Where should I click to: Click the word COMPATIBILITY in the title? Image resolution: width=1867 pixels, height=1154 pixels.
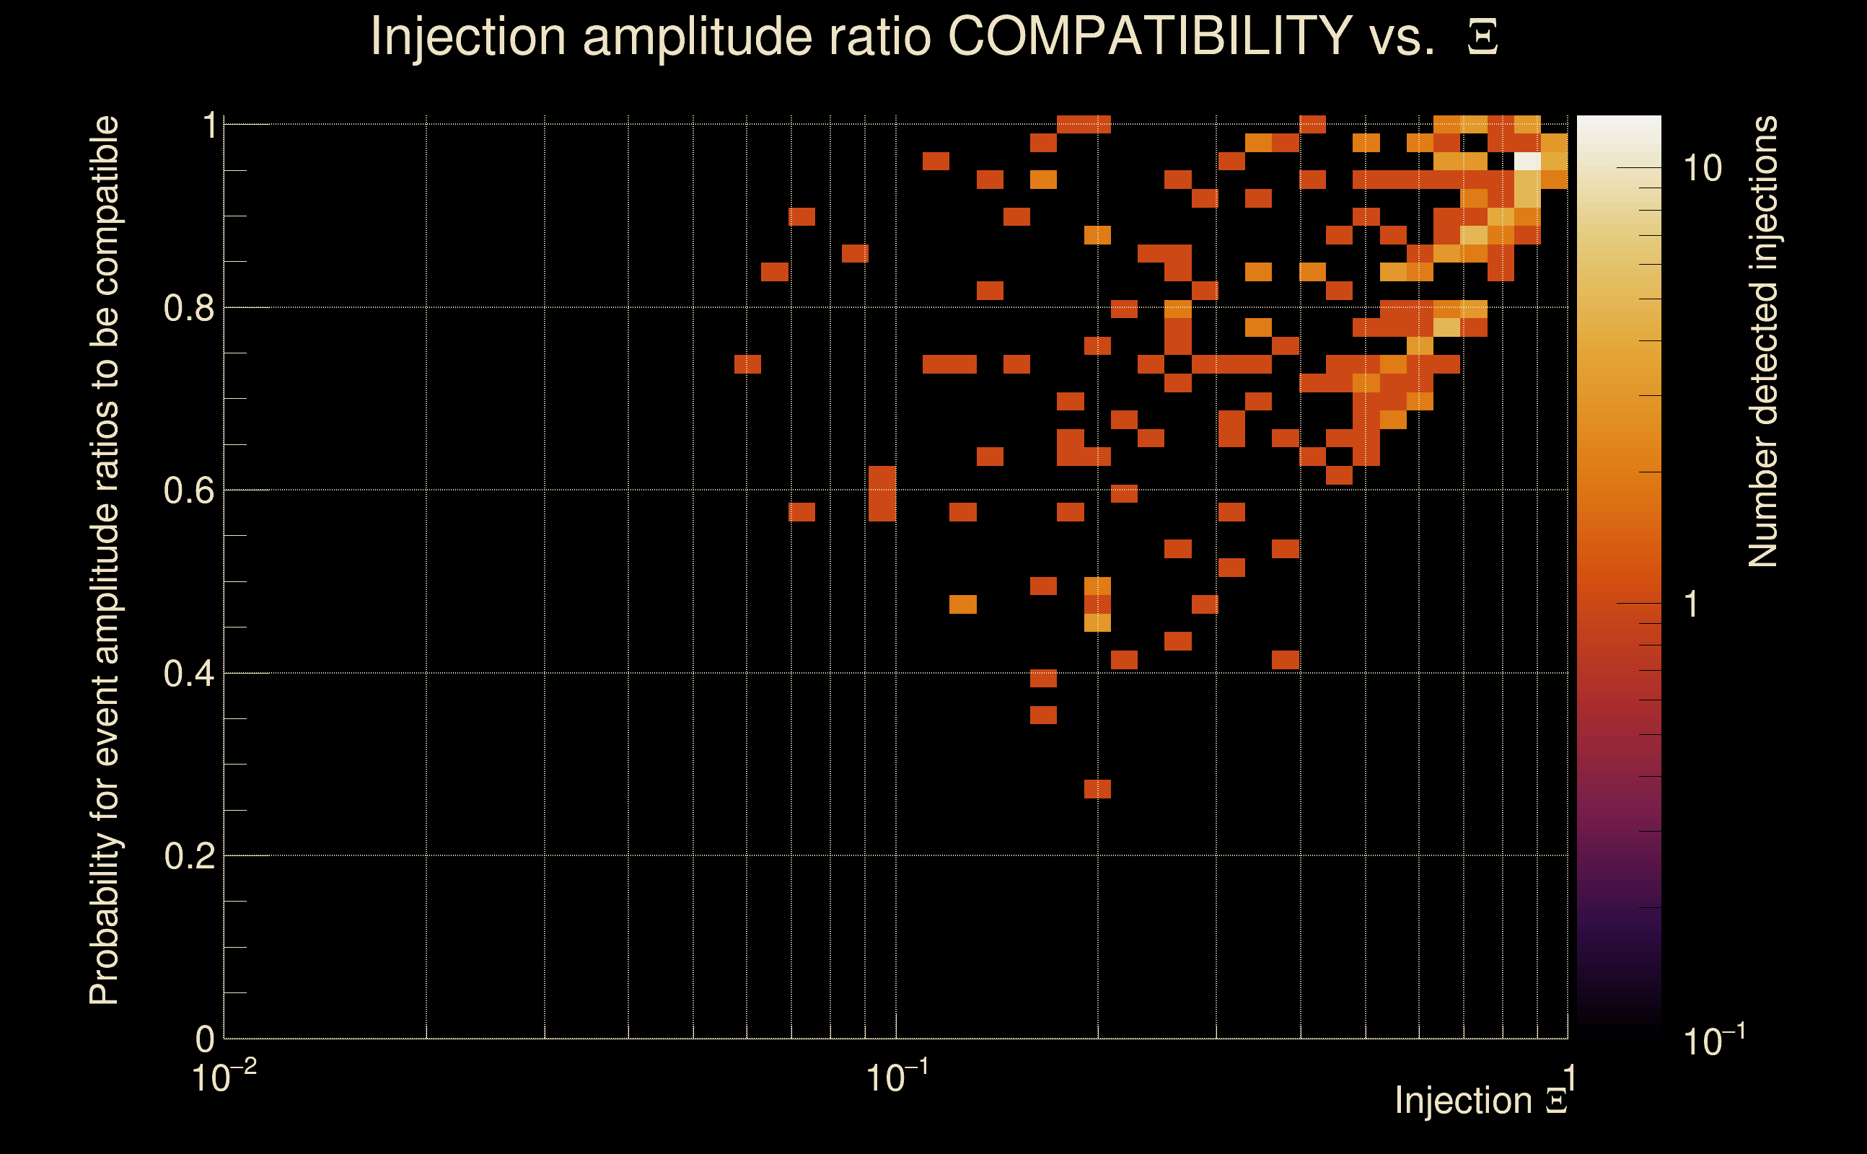[x=1149, y=36]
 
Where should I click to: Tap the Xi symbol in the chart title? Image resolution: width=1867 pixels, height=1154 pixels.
[x=1482, y=38]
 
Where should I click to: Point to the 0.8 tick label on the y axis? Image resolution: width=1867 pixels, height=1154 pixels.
[x=188, y=309]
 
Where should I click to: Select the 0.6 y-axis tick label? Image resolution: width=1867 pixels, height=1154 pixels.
[x=188, y=490]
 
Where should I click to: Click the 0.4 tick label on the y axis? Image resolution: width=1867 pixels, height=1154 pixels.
[x=188, y=674]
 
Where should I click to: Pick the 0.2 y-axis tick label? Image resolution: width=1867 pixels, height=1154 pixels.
[x=188, y=856]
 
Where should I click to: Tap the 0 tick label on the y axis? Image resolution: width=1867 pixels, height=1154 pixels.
[x=205, y=1039]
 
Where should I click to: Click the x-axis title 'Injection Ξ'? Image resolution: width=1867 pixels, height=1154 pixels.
[x=1481, y=1101]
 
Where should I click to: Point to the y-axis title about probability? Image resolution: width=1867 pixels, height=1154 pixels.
[x=105, y=561]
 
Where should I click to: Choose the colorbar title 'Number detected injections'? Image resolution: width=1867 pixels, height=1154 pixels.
[x=1762, y=341]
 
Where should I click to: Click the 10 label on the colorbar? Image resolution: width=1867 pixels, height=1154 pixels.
[x=1702, y=169]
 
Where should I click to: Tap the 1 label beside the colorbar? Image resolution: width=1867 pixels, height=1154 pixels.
[x=1692, y=604]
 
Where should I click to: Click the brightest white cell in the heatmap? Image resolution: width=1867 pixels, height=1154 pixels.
[x=1527, y=162]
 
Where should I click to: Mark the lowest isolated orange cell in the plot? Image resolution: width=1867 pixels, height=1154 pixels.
[x=1097, y=788]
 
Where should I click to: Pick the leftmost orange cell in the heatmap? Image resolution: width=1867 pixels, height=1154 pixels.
[x=747, y=364]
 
